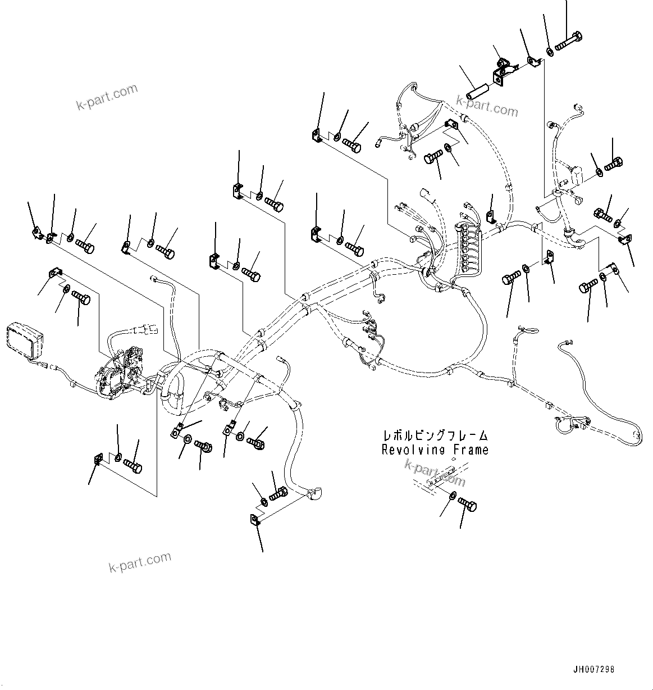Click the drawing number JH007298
click(x=593, y=670)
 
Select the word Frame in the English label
click(x=469, y=450)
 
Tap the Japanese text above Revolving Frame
click(x=435, y=435)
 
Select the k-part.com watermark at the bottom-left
click(x=140, y=561)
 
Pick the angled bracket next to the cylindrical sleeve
click(x=501, y=71)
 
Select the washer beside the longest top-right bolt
click(x=550, y=52)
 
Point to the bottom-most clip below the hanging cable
click(x=254, y=520)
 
